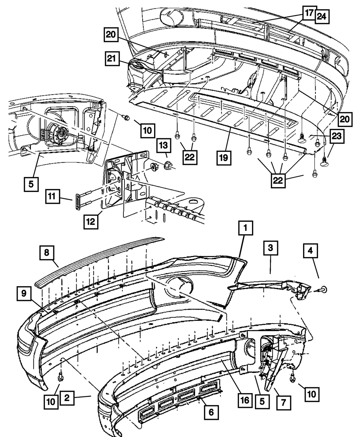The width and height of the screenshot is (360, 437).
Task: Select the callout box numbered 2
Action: coord(67,398)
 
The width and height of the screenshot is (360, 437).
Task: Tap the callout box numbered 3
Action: coord(270,248)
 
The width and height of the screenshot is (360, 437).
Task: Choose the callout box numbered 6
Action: coord(211,413)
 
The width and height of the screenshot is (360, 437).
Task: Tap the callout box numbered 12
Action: coord(91,222)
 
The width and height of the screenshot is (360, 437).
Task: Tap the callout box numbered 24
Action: coord(323,17)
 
